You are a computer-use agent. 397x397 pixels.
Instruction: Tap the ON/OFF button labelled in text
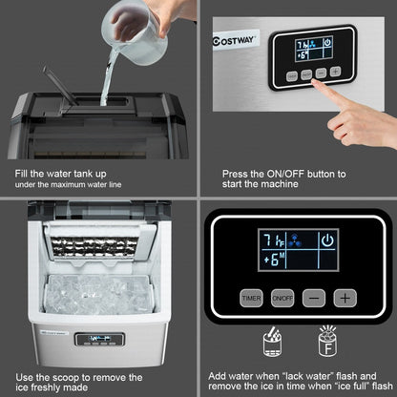point(282,297)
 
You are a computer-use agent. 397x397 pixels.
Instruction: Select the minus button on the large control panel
point(312,297)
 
